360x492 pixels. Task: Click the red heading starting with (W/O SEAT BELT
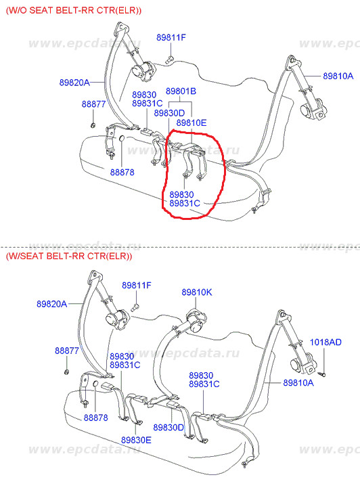tap(74, 10)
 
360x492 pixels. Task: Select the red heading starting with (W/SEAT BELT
tap(69, 256)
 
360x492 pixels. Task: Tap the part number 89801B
tap(181, 91)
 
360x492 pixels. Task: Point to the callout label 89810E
tap(192, 122)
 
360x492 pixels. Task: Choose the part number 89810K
tap(197, 292)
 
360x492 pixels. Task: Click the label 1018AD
tap(325, 342)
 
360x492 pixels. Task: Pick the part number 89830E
tap(136, 440)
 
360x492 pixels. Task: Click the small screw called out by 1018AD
tap(321, 374)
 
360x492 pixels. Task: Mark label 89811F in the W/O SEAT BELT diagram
tap(171, 38)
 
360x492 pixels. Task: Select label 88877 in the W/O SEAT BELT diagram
tap(93, 104)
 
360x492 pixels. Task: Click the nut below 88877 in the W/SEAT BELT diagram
tap(66, 372)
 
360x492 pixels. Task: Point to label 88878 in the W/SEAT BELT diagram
tap(95, 418)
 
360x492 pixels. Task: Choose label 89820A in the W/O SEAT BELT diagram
tap(74, 83)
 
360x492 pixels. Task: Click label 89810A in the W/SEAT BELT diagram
tap(298, 382)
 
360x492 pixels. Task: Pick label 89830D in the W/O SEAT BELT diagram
tap(169, 113)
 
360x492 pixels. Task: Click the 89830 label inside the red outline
tap(181, 194)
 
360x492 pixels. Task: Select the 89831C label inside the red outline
tap(185, 203)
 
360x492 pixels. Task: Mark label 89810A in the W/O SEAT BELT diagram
tap(338, 76)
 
